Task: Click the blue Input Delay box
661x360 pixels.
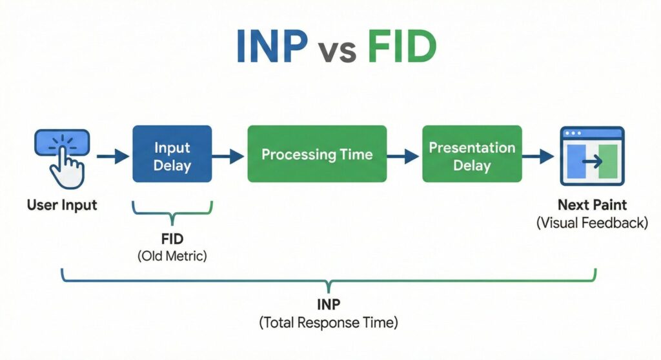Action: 172,155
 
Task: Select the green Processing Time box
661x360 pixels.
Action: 317,155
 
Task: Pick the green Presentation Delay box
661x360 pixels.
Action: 472,155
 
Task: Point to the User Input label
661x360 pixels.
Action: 62,205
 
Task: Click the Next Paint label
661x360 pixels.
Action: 593,206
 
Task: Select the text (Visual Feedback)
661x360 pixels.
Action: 593,223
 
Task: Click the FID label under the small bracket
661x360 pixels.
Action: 172,239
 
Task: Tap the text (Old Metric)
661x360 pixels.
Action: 172,256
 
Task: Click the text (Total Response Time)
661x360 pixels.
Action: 329,323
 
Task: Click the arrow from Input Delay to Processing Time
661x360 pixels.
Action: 228,155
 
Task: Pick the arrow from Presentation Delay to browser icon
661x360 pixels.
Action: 538,155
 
